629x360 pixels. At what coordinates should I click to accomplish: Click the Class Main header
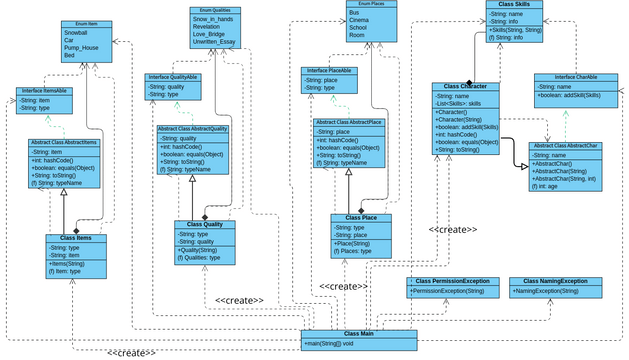(358, 333)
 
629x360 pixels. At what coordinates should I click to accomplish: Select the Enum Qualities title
(213, 10)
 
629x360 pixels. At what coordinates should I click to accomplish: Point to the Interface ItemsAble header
(43, 91)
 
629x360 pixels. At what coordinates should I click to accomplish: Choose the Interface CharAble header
(567, 77)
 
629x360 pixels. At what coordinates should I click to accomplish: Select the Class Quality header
(205, 224)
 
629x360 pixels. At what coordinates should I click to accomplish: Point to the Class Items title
(76, 238)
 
